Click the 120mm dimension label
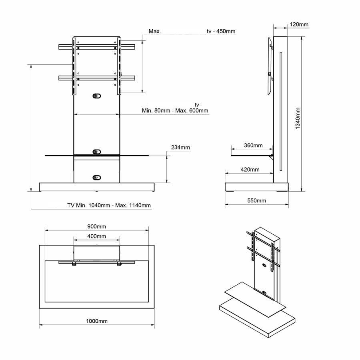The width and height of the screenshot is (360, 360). tap(299, 24)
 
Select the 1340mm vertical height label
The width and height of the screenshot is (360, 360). tap(298, 118)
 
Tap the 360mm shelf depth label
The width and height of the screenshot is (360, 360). tap(253, 145)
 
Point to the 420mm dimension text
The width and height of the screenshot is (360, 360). tap(250, 170)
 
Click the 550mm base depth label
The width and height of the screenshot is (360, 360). tap(256, 200)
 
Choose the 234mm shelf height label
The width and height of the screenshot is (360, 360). tap(180, 147)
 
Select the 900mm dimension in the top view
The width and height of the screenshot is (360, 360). tap(97, 226)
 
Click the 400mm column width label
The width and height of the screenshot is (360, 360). tap(97, 236)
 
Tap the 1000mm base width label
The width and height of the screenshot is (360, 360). tap(97, 321)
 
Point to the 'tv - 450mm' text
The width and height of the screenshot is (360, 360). tap(221, 31)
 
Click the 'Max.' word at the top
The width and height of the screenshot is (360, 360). tap(155, 31)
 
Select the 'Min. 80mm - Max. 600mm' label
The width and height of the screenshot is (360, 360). tap(175, 110)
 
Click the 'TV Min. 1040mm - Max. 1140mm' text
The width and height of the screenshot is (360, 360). tap(109, 205)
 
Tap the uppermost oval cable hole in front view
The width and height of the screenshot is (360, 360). tap(97, 96)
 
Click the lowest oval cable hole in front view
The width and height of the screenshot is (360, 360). tap(97, 178)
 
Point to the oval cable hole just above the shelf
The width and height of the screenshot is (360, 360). tap(97, 152)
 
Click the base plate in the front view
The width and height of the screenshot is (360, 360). tap(97, 187)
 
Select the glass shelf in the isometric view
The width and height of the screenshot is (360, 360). tap(255, 299)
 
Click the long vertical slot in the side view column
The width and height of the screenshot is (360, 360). tap(280, 112)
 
